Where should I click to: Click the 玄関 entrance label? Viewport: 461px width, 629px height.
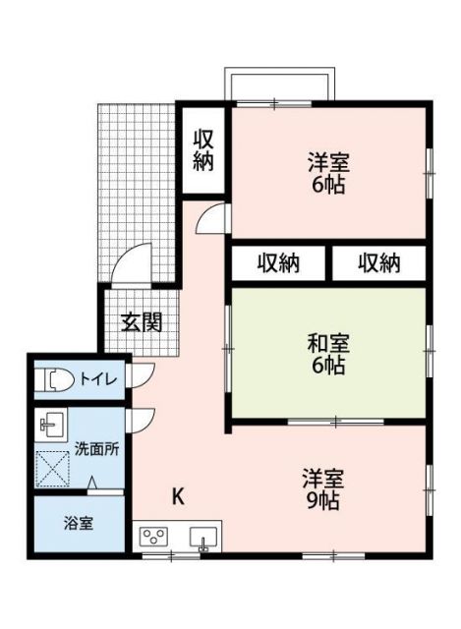coord(142,322)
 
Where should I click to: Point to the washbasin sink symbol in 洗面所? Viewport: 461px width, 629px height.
coord(51,426)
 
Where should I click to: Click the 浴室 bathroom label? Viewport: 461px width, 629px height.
coord(80,523)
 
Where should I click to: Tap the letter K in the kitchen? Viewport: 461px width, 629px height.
coord(178,495)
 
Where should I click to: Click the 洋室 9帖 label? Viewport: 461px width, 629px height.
coord(321,489)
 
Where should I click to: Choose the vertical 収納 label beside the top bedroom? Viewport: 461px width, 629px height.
coord(202,149)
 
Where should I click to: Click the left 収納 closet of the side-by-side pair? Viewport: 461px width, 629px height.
coord(278,263)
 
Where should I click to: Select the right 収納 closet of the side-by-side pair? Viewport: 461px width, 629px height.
coord(378,263)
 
